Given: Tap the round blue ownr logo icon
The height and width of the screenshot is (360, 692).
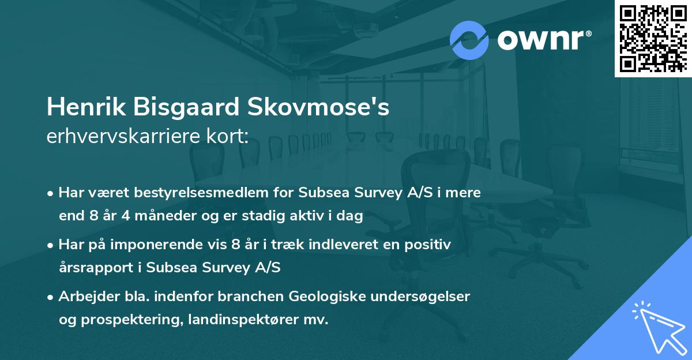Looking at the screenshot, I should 469,40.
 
